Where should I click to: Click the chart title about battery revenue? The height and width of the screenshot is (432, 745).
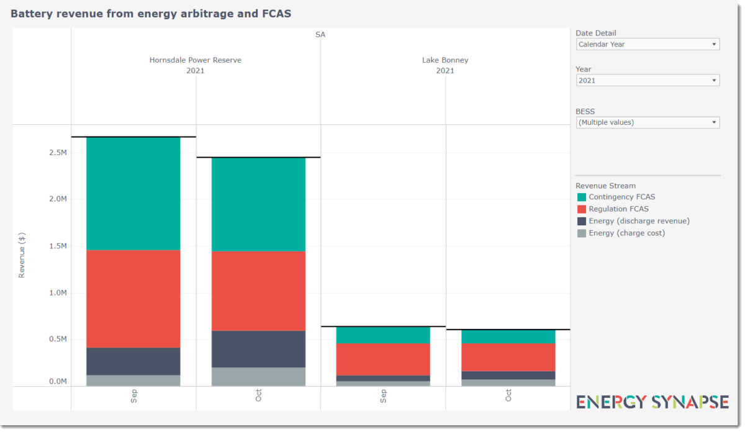tap(151, 13)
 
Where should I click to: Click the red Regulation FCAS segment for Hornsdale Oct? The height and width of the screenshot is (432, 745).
tap(258, 290)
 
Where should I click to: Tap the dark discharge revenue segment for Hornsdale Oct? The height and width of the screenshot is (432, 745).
tap(258, 349)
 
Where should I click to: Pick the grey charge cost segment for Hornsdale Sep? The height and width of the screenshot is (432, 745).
tap(133, 380)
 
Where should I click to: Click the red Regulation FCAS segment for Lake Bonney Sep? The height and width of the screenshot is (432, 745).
tap(383, 359)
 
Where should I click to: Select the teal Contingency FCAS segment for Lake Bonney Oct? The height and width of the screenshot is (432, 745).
tap(508, 336)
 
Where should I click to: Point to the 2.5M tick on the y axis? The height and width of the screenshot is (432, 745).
tap(58, 153)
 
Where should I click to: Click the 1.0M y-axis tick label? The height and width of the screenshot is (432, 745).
tap(58, 293)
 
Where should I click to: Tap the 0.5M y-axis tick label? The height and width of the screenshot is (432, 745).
tap(58, 340)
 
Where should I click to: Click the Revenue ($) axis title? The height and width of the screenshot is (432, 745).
tap(22, 256)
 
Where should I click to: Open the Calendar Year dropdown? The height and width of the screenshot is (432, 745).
tap(648, 44)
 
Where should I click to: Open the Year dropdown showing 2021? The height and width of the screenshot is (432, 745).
tap(648, 81)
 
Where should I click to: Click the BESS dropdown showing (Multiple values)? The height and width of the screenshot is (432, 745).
tap(648, 122)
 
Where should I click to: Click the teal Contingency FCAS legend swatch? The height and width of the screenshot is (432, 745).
tap(581, 197)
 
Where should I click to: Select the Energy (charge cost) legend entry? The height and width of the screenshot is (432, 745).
tap(626, 233)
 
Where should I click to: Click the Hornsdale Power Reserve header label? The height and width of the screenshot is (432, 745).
tap(196, 60)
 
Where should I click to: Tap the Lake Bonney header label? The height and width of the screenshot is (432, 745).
tap(445, 60)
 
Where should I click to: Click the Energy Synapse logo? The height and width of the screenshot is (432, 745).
tap(652, 402)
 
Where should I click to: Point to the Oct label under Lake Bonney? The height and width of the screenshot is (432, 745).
tap(508, 395)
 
